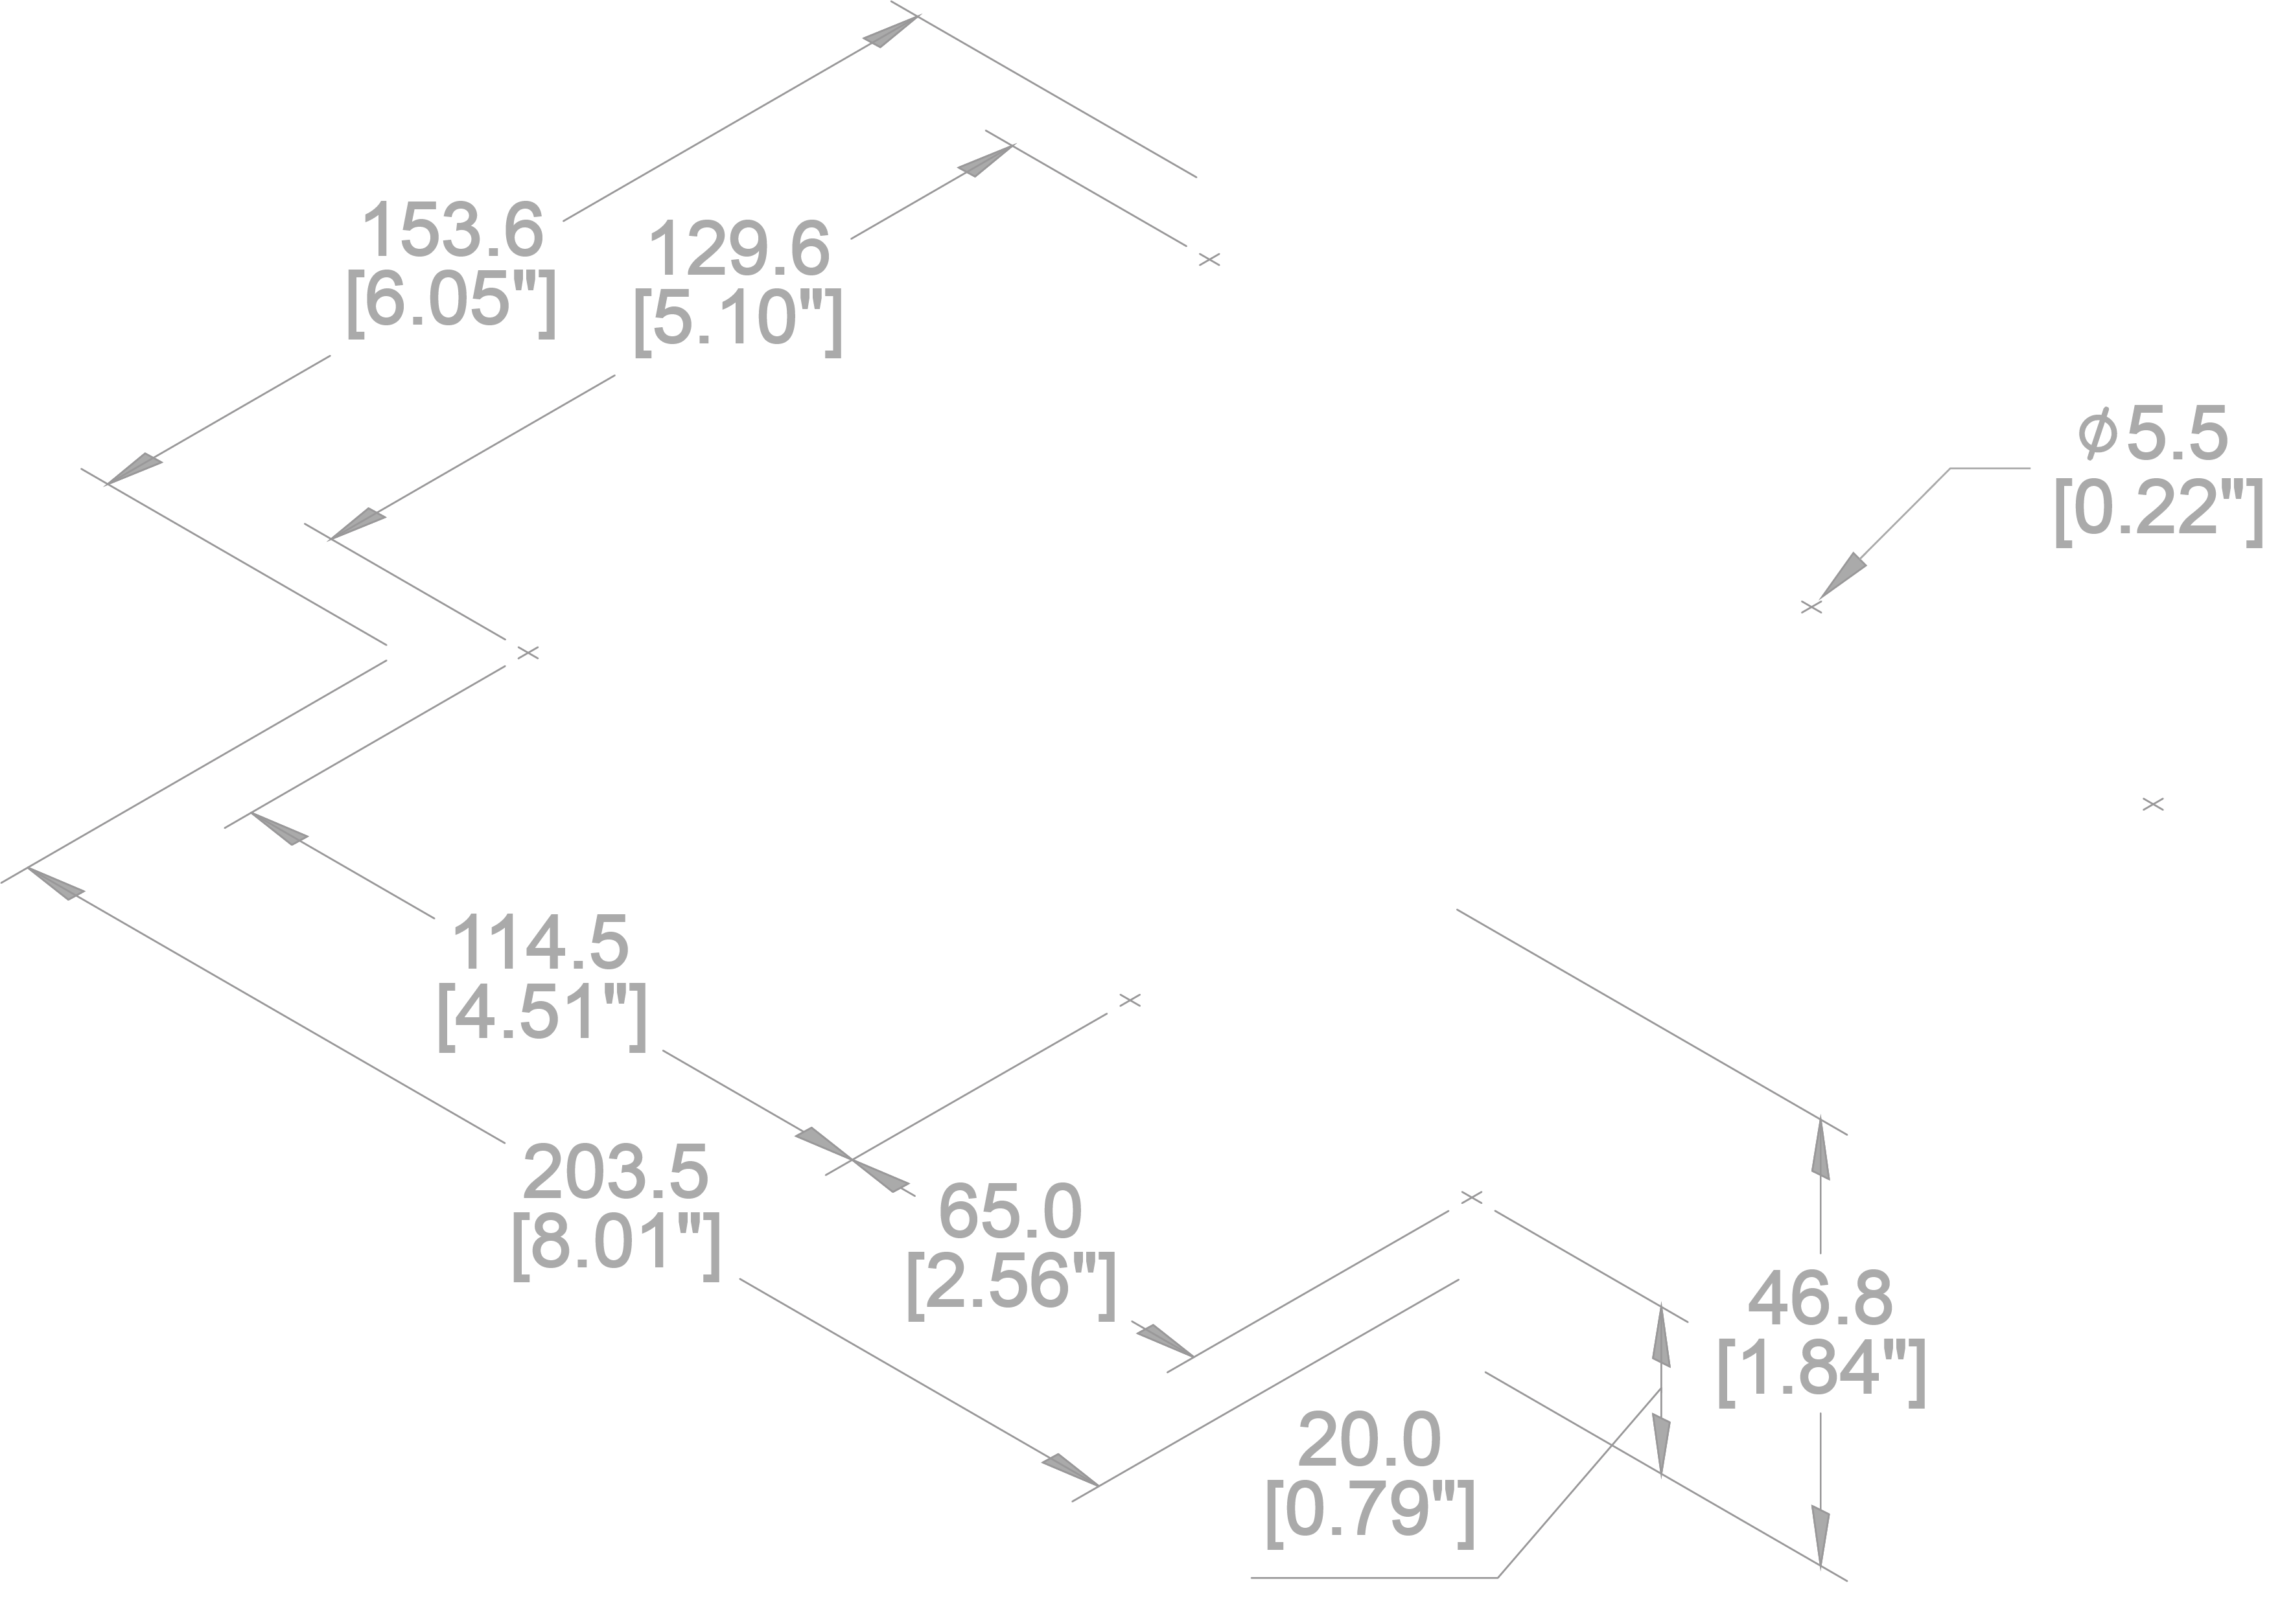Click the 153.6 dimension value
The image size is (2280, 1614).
point(452,231)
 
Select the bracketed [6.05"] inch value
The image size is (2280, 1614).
point(450,301)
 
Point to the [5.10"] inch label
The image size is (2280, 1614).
point(738,320)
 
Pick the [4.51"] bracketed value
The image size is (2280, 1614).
point(542,1014)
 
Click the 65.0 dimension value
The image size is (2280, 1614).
point(1010,1212)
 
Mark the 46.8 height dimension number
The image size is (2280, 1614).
point(1821,1298)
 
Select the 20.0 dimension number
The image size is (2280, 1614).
point(1369,1440)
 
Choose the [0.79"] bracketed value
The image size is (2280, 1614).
point(1369,1510)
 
